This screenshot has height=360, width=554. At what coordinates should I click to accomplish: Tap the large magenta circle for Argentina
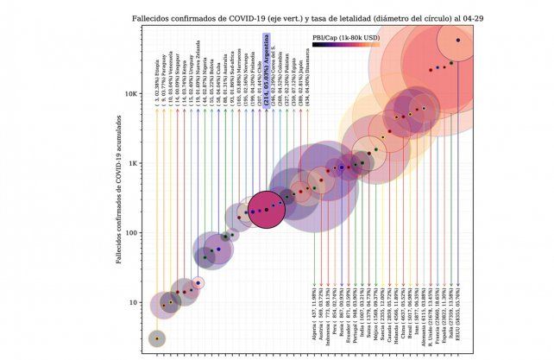pos(268,209)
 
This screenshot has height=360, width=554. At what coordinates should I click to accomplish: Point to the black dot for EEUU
pos(457,40)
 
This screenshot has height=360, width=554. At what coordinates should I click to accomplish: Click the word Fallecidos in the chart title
pos(152,16)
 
